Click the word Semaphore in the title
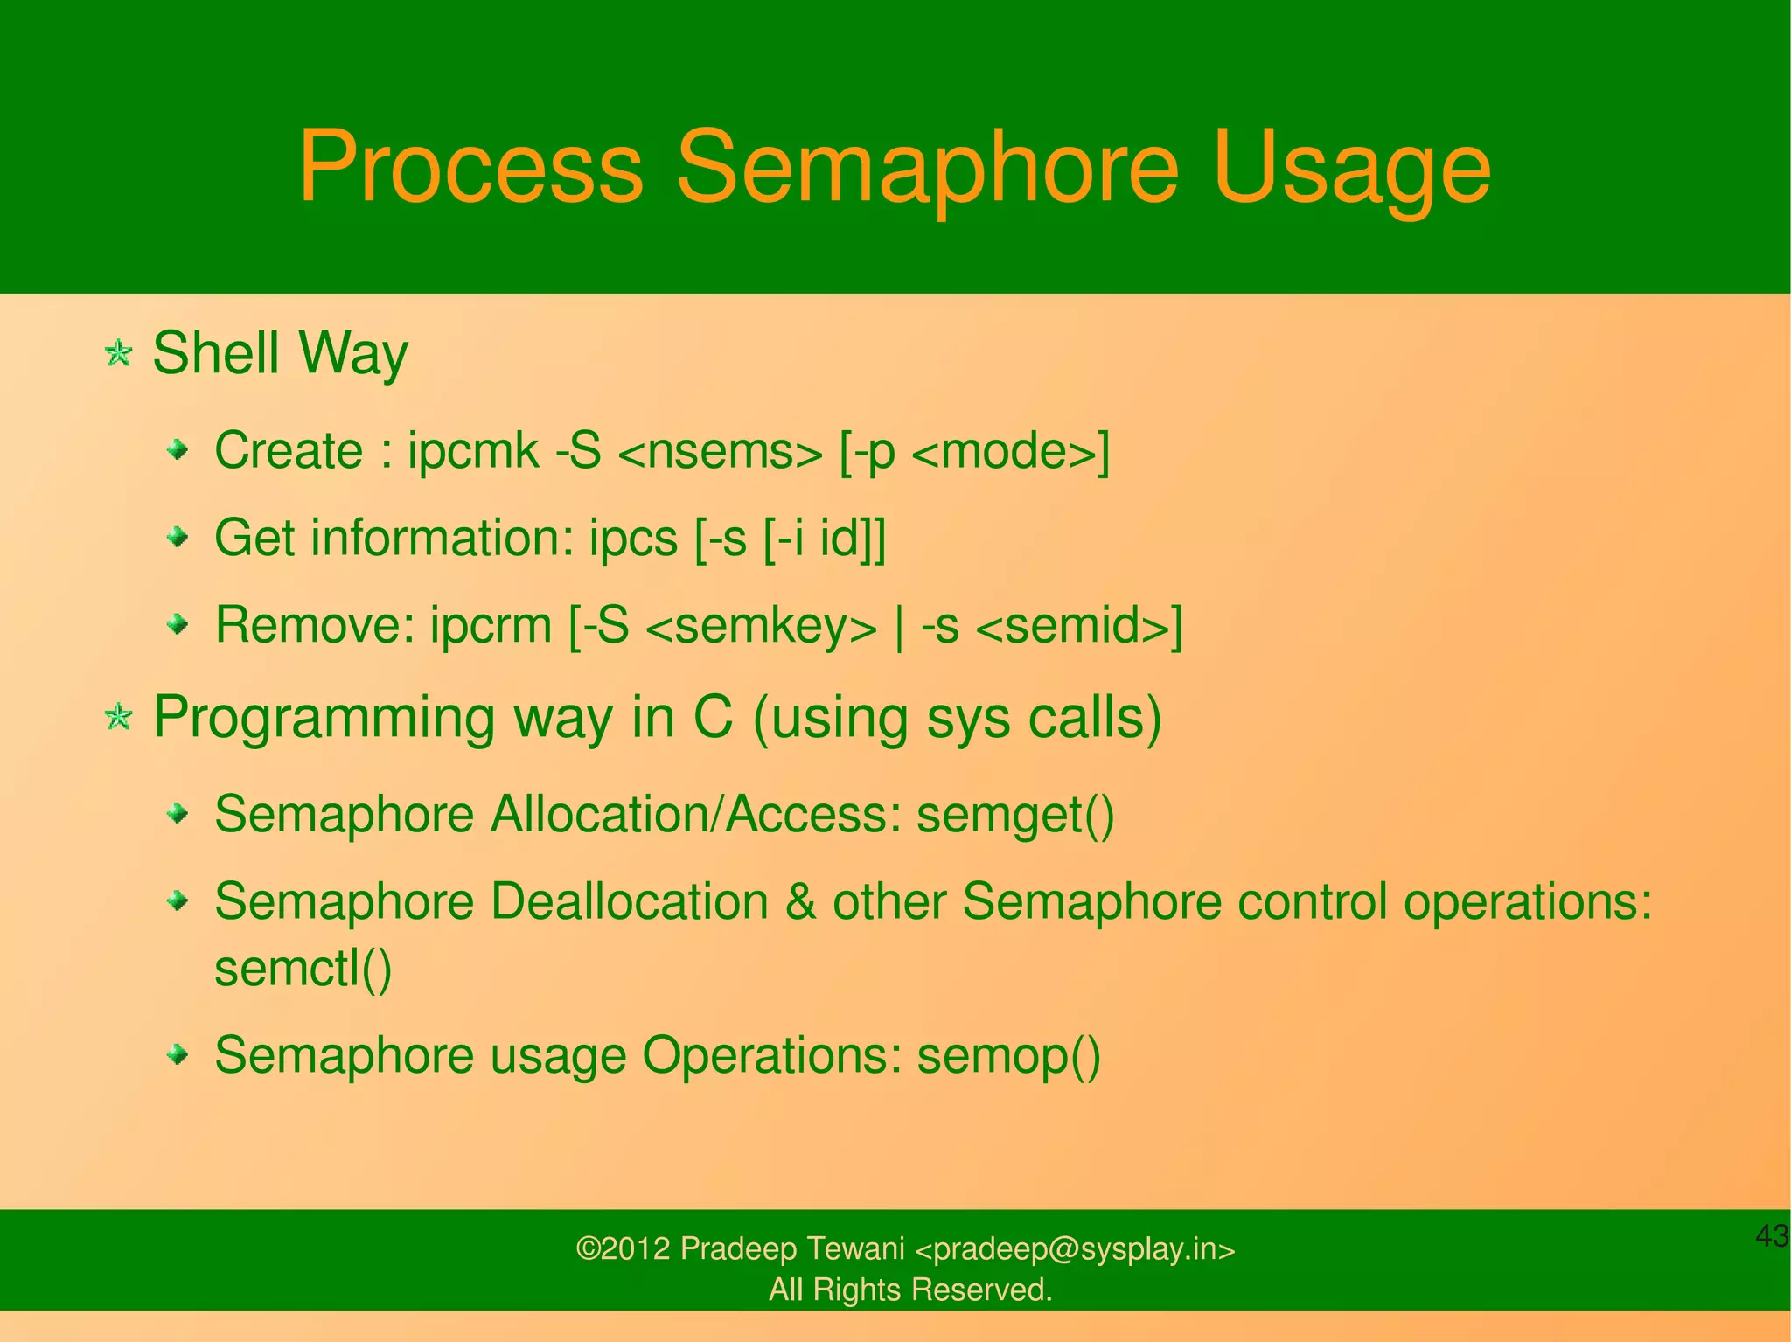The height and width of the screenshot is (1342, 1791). pos(928,167)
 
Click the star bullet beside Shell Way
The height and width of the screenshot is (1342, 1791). pos(118,354)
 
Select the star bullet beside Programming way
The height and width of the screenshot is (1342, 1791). pos(118,718)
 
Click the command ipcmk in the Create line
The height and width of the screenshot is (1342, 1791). pos(473,451)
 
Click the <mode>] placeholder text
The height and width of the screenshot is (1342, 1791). pos(1011,453)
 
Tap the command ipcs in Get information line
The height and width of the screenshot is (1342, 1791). pos(633,538)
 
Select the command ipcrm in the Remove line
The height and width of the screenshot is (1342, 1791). pos(490,625)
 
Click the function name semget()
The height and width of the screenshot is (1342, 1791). pos(1015,815)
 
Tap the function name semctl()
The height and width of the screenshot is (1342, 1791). pos(303,969)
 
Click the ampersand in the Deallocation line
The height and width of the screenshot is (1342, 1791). pos(800,901)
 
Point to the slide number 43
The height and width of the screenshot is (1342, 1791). pos(1772,1236)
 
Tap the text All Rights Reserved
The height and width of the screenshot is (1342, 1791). pos(910,1290)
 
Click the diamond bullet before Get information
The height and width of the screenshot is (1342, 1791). pos(178,537)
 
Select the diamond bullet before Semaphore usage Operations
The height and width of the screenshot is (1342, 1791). pos(178,1054)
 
